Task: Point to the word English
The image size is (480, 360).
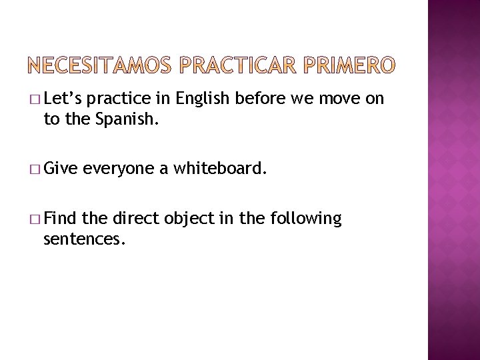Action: click(x=200, y=99)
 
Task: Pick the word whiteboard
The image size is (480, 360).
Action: click(x=219, y=169)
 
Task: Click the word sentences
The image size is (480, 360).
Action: click(x=83, y=239)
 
